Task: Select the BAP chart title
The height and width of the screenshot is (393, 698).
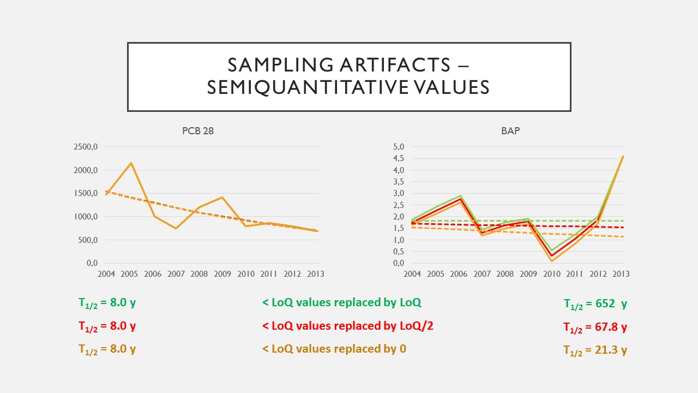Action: coord(510,131)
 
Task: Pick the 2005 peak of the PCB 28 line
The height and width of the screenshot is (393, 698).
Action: coord(131,163)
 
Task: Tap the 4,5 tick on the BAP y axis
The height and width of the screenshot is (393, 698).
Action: coord(398,158)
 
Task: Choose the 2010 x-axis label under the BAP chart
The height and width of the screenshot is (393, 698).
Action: coord(551,273)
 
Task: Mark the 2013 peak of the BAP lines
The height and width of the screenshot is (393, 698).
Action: coord(623,157)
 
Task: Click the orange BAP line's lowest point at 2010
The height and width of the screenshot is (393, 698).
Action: coord(551,261)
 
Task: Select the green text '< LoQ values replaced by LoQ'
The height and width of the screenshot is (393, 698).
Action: coord(341,302)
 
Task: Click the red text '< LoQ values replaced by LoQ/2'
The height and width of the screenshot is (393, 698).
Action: coord(347,326)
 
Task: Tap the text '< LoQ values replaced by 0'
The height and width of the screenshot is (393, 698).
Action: coord(334,349)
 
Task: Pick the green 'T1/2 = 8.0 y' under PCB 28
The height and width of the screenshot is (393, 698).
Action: coord(107,303)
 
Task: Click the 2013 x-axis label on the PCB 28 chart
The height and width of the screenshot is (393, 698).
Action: coord(315,273)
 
